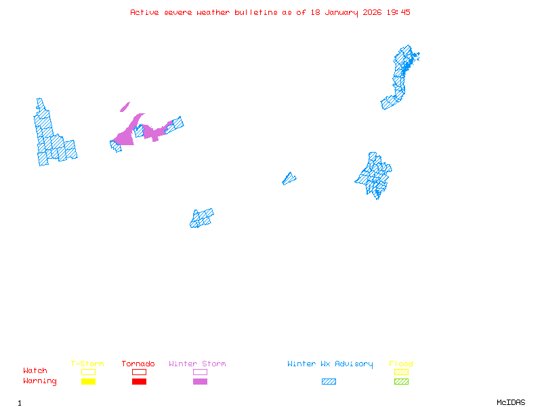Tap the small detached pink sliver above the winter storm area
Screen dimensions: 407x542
(125, 106)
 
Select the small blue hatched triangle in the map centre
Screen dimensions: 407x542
(289, 178)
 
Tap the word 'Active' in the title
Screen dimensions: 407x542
(146, 12)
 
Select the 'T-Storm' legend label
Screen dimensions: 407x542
(87, 364)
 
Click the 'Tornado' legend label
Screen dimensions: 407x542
(138, 364)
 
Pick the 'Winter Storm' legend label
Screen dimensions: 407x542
(197, 364)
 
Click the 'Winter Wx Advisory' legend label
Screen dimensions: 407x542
(330, 364)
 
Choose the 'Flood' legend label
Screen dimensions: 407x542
(401, 364)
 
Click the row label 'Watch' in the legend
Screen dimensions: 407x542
(35, 371)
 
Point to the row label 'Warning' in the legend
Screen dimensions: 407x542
(40, 381)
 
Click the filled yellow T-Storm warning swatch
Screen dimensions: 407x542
(88, 381)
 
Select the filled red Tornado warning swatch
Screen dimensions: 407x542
(139, 381)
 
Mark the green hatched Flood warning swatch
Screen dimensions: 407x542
(401, 381)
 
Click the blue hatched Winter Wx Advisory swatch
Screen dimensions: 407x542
(329, 381)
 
